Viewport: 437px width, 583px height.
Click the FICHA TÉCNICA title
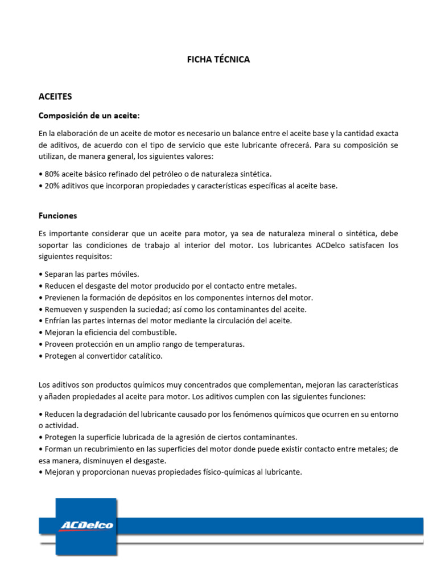218,59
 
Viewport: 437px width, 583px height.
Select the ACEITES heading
55,97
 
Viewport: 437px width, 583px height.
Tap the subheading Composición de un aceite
89,116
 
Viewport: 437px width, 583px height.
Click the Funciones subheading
57,216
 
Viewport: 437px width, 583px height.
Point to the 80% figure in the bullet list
51,173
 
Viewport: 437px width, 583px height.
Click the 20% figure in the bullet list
51,186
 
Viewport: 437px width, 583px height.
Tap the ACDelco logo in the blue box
86,525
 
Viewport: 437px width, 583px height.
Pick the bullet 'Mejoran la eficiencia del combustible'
110,332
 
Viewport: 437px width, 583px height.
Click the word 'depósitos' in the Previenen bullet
154,297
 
